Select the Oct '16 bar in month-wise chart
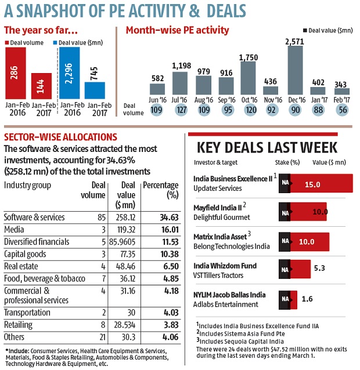(x=248, y=78)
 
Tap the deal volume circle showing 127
(x=180, y=110)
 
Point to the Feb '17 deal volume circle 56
(x=342, y=110)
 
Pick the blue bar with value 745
(x=95, y=90)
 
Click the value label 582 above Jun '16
(x=157, y=78)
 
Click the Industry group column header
(x=28, y=184)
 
